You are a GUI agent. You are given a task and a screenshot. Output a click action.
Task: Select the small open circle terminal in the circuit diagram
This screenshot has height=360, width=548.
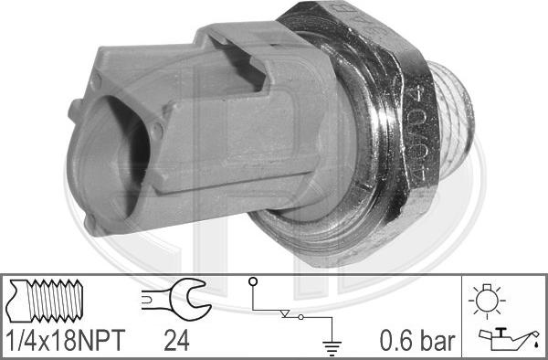tap(255, 281)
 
